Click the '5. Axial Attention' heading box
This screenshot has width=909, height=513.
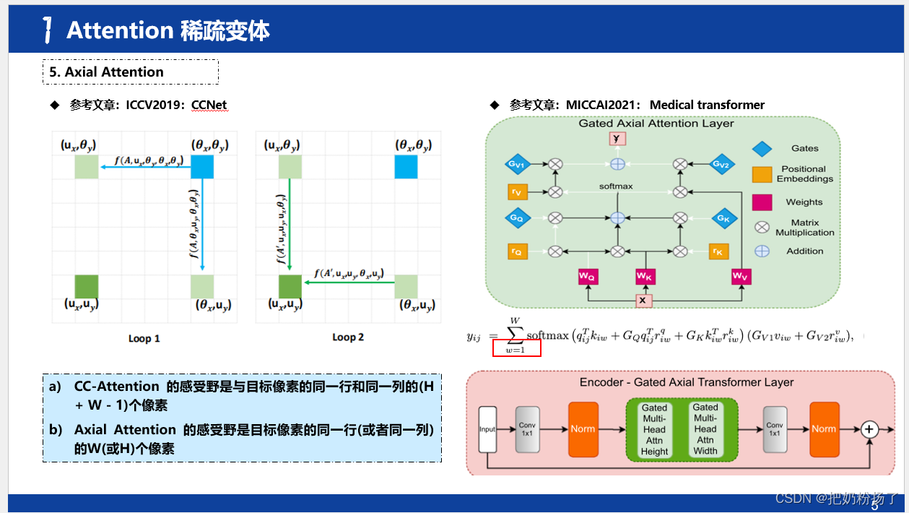coord(131,72)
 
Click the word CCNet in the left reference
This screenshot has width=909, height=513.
coord(209,105)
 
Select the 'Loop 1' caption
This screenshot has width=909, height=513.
coord(144,338)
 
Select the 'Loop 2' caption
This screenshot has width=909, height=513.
coord(348,337)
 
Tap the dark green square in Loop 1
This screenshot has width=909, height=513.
coord(87,286)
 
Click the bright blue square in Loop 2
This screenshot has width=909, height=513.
coord(406,167)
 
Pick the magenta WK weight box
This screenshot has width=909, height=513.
coord(645,276)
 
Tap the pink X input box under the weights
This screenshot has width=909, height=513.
coord(644,299)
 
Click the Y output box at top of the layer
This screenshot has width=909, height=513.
coord(617,139)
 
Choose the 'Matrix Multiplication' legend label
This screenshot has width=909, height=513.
coord(804,228)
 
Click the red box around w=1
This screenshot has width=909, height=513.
coord(516,348)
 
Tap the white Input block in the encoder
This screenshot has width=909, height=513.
coord(487,429)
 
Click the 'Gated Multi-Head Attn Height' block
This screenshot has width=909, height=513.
coord(654,429)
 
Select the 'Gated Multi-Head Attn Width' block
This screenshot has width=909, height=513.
coord(705,429)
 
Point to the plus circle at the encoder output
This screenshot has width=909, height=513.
coord(869,429)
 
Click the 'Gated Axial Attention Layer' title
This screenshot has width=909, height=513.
coord(656,124)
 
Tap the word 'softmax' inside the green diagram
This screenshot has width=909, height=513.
coord(616,186)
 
